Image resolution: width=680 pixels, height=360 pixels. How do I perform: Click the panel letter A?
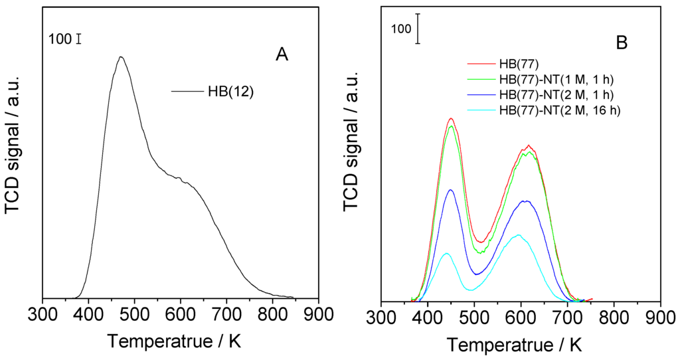click(x=282, y=56)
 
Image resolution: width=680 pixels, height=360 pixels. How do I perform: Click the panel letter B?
click(x=622, y=43)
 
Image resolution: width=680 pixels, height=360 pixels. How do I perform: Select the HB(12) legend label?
click(x=230, y=91)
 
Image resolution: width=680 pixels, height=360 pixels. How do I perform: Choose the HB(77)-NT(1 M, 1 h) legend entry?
click(x=556, y=80)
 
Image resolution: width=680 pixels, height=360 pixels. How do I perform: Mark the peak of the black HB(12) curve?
click(x=120, y=57)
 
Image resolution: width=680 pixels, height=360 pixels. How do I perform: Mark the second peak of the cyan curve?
click(x=518, y=234)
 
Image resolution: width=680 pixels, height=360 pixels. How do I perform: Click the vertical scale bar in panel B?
click(x=418, y=29)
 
